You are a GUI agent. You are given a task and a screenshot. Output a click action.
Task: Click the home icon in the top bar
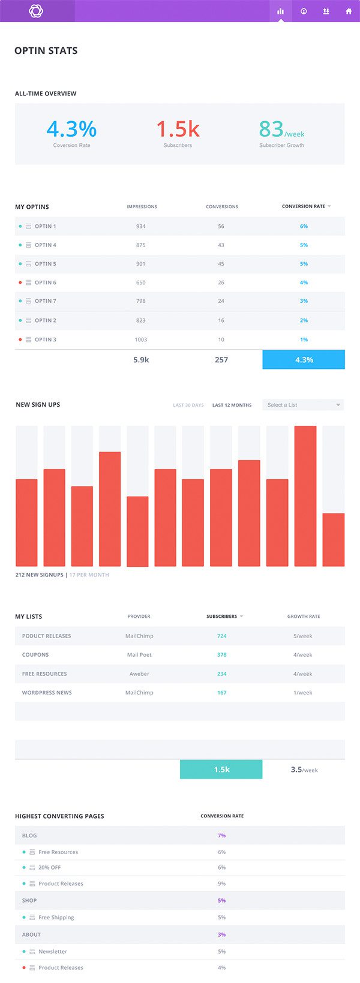coord(349,11)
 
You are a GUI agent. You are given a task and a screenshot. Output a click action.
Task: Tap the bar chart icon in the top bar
coord(280,11)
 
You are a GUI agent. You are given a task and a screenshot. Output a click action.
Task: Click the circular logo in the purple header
coord(36,11)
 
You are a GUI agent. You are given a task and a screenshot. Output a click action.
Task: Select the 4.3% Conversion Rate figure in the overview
coord(71,129)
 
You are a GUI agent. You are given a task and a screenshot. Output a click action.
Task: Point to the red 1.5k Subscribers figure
coord(178,129)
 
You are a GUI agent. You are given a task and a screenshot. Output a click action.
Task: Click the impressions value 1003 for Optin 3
coord(141,339)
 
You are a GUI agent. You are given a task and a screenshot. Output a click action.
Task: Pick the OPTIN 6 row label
coord(46,282)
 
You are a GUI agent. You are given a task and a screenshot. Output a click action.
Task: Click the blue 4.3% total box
coord(304,360)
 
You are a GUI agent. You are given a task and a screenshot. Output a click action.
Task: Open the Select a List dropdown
coord(303,405)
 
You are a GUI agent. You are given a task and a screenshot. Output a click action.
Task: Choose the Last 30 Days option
coord(188,405)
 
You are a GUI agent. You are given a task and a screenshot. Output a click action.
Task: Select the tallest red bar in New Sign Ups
coord(305,496)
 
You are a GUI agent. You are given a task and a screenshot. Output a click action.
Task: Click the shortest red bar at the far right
coord(334,539)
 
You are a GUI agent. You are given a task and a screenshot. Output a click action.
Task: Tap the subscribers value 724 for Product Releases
coord(222,636)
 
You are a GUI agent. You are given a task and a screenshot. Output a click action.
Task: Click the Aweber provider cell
coord(139,674)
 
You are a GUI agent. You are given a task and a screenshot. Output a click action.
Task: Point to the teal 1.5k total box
coord(221,769)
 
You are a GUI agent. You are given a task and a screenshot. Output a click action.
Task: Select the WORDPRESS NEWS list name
coord(47,693)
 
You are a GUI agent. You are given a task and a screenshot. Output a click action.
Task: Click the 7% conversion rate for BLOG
coord(222,835)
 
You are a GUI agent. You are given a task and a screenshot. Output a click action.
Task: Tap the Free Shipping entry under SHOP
coord(56,918)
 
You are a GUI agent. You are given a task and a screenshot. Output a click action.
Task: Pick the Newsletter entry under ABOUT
coord(53,952)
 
